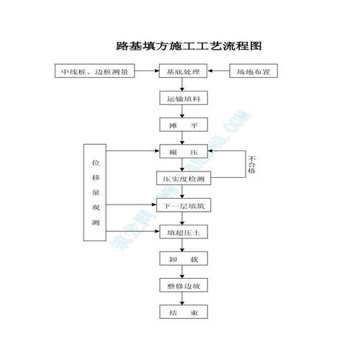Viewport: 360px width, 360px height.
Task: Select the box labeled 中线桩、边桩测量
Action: (95, 71)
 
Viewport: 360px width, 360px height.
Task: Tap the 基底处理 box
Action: (183, 71)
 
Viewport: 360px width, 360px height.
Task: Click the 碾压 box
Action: (183, 152)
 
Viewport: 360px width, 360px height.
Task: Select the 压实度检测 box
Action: (183, 178)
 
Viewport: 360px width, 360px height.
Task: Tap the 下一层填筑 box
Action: (183, 206)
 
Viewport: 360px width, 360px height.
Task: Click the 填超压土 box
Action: (183, 233)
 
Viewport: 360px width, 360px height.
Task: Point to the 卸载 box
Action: (183, 259)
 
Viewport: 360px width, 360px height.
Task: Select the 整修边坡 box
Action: (183, 286)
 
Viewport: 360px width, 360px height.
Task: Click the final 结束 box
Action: (183, 313)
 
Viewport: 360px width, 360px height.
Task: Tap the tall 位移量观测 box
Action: (96, 193)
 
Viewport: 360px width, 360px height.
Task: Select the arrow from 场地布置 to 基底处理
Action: (218, 71)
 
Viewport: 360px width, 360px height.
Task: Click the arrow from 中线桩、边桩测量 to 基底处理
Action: (147, 71)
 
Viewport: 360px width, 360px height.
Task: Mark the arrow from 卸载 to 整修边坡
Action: (183, 272)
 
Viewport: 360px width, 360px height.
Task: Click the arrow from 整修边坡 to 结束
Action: (183, 300)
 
